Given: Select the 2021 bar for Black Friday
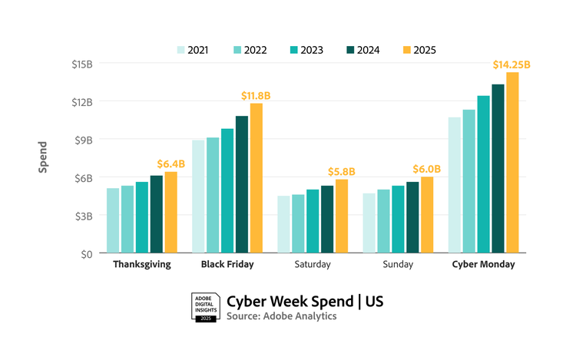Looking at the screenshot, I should (198, 197).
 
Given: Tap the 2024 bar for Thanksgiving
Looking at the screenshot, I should (156, 214).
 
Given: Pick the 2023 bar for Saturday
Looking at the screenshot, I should (313, 221).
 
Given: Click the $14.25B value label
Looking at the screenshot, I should (511, 64).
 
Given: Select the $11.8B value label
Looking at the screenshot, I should (256, 95).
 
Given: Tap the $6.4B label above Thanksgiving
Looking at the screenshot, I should (171, 163).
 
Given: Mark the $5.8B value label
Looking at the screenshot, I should (341, 171).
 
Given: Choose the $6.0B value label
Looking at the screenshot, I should (426, 169).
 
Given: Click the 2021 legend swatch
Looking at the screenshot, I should (181, 50).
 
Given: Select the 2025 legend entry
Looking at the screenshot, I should (419, 50).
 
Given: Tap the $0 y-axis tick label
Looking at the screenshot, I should (85, 253).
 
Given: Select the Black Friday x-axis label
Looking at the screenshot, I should (227, 264).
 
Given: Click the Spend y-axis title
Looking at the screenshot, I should (43, 157).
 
